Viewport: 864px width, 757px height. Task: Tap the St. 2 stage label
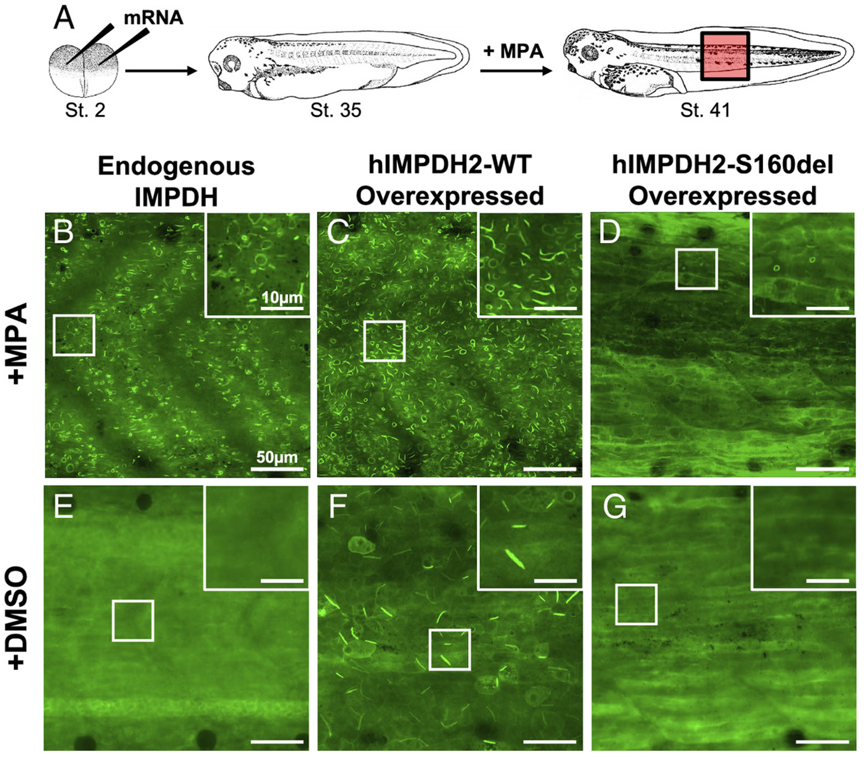pos(85,110)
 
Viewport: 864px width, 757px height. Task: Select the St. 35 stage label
pos(336,110)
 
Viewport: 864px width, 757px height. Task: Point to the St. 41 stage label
pos(705,110)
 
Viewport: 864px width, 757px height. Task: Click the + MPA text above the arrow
pos(513,51)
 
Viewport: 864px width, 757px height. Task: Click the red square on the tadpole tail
pos(725,56)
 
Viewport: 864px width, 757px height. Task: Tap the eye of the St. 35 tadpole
pos(231,63)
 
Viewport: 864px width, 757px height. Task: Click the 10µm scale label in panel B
pos(282,298)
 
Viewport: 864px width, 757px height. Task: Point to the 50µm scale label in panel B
pos(276,457)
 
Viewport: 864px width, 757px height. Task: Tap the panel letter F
pos(337,507)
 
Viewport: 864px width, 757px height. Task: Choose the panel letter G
pos(614,507)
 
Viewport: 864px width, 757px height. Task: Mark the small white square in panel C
pos(384,341)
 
